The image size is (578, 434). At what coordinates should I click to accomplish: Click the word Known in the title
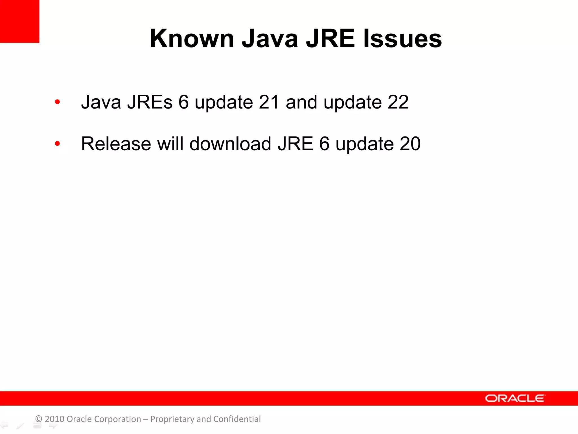click(192, 39)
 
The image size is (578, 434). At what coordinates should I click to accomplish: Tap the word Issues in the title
click(402, 39)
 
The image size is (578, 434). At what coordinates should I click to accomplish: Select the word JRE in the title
click(330, 39)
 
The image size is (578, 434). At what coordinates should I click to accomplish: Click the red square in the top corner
click(19, 21)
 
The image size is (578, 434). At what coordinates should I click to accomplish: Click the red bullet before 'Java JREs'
click(57, 102)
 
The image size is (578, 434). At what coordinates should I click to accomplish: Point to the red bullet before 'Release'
click(57, 144)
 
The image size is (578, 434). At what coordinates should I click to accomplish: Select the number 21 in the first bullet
click(269, 102)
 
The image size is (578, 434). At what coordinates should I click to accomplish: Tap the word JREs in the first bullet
click(150, 102)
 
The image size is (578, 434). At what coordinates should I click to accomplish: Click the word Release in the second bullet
click(116, 144)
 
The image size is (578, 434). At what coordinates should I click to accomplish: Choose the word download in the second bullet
click(230, 144)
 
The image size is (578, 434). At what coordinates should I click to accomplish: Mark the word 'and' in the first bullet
click(301, 102)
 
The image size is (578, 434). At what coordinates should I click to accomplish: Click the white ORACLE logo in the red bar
click(515, 398)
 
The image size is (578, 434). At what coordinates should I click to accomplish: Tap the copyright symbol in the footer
click(39, 419)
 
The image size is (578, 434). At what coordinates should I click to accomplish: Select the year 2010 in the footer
click(54, 419)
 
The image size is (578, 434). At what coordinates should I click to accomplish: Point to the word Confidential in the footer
click(237, 419)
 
